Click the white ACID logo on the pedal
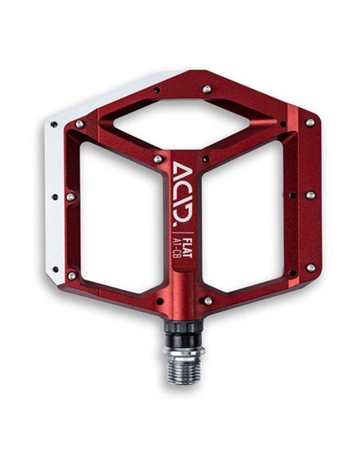point(182,192)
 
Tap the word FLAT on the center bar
point(187,247)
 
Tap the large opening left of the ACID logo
point(122,217)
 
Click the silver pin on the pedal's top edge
point(207,89)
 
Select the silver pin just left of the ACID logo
point(158,159)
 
